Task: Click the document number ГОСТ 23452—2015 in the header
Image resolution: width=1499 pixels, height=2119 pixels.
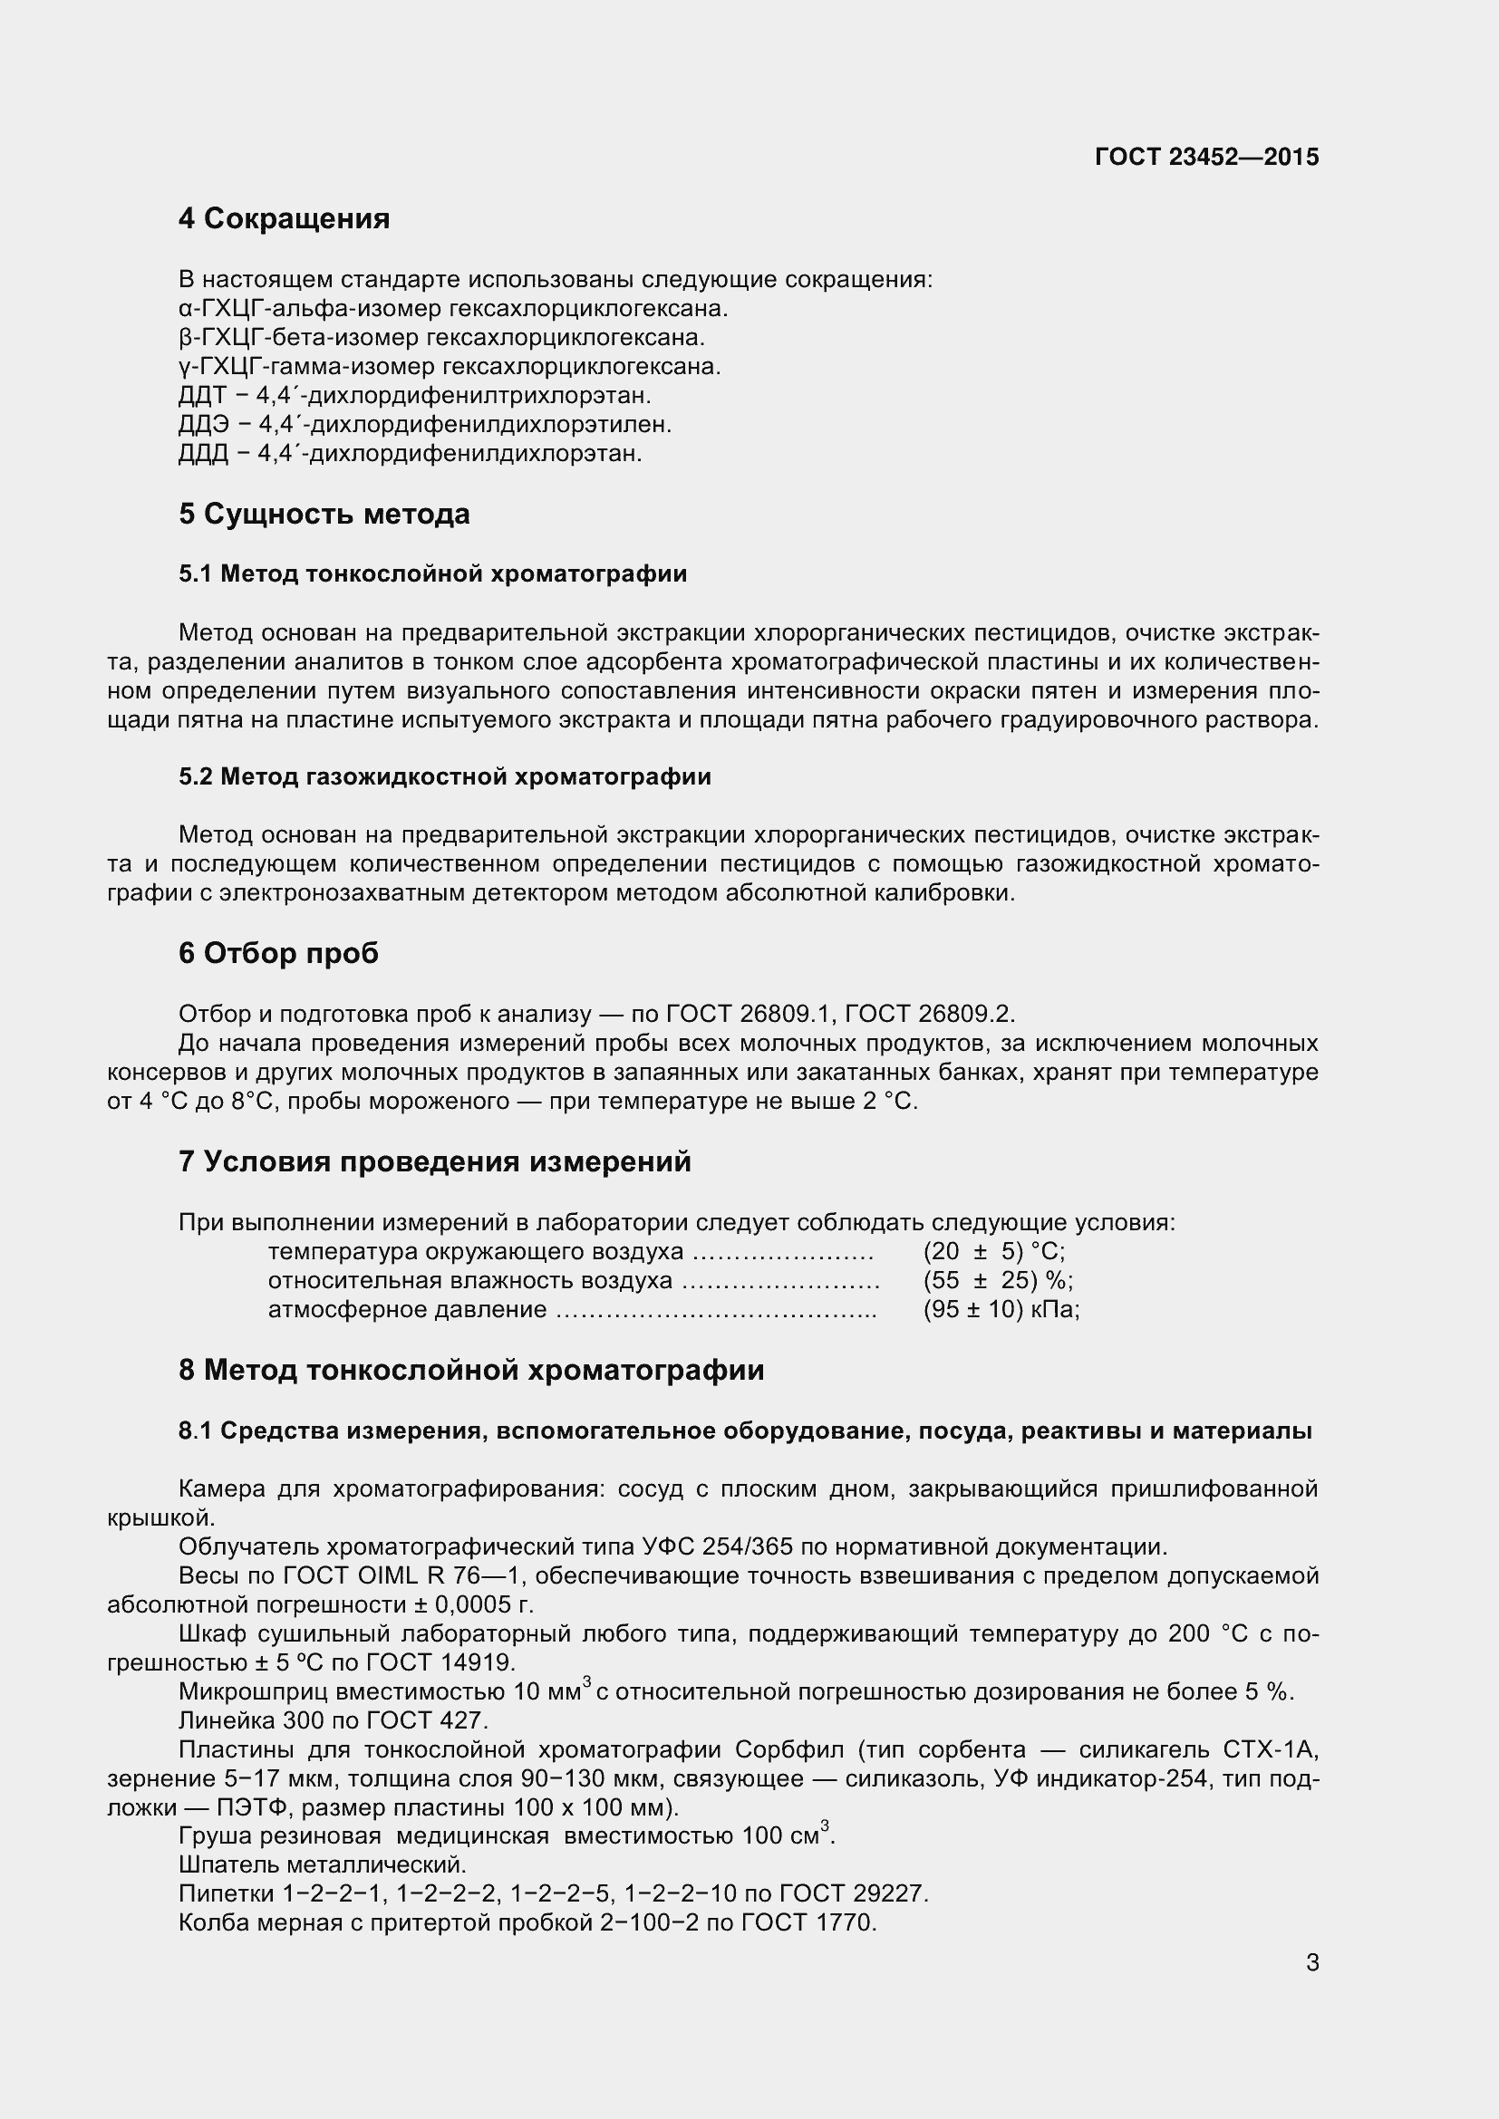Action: (1206, 157)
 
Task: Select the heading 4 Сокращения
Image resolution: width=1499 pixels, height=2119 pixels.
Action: (285, 218)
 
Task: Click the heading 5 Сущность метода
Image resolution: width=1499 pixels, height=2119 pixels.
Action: (324, 514)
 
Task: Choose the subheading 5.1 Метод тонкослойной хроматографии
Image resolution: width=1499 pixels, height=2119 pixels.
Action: (433, 574)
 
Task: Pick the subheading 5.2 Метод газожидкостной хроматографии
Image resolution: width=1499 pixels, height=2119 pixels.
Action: (445, 776)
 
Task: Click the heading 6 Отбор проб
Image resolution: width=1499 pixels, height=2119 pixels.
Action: (279, 953)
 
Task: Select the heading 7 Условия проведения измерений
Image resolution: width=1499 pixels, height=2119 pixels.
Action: (435, 1162)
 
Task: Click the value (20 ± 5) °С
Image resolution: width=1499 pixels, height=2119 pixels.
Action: (993, 1251)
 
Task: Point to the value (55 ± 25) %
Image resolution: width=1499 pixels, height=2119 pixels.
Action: (997, 1281)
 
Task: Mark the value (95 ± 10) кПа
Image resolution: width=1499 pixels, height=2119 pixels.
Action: (1001, 1310)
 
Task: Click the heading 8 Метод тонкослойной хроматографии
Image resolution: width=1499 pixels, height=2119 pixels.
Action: (470, 1371)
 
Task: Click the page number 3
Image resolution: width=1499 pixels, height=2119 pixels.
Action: (1312, 1963)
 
